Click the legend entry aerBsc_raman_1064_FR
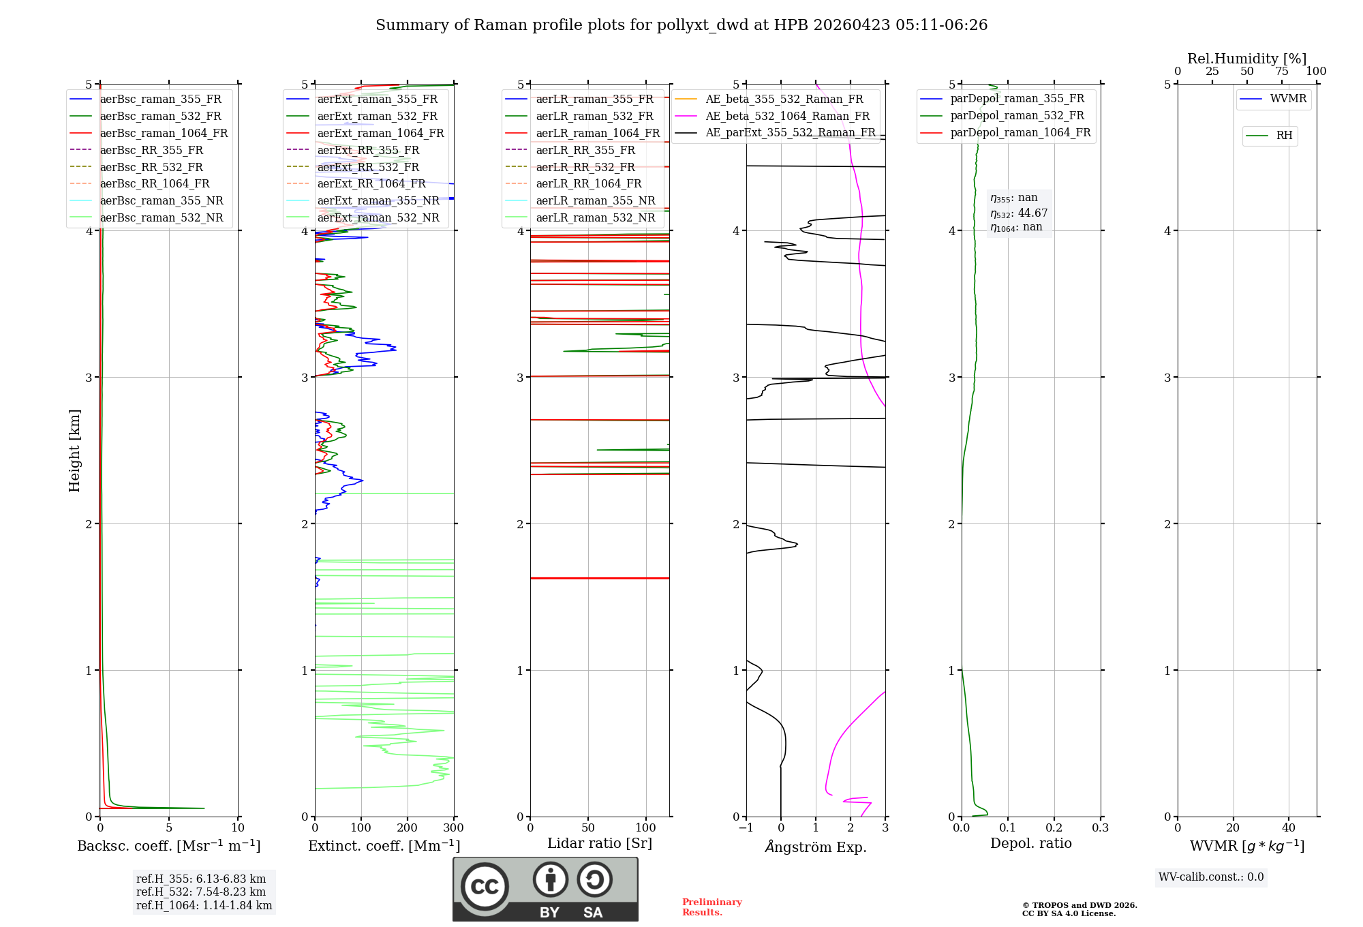point(164,133)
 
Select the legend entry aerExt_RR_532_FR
point(368,167)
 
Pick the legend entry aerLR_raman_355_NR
point(595,200)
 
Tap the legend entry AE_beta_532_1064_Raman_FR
point(787,116)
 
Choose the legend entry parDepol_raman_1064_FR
point(1020,132)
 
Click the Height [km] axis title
point(74,451)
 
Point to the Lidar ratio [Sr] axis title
point(600,843)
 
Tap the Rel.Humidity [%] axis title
point(1246,59)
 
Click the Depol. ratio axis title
point(1030,843)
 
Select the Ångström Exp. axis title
point(816,847)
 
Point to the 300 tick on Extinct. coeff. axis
point(454,828)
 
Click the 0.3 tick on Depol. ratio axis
point(1100,828)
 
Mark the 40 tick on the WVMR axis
point(1289,828)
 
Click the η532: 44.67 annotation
point(1019,213)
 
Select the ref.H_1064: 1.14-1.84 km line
point(204,905)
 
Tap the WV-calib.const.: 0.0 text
point(1211,877)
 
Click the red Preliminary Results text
point(711,907)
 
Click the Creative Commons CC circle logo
point(485,887)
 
